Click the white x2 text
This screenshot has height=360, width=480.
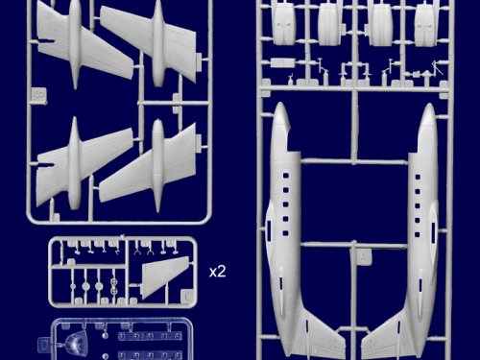pyautogui.click(x=218, y=272)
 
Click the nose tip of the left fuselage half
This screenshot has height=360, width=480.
pyautogui.click(x=280, y=104)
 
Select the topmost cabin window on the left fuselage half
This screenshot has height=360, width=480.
pyautogui.click(x=285, y=176)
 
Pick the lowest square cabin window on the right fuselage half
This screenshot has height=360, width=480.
pyautogui.click(x=418, y=235)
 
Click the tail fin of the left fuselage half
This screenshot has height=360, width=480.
pyautogui.click(x=324, y=333)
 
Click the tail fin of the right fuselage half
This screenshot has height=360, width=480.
pyautogui.click(x=384, y=334)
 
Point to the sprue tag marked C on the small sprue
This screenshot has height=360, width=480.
pyautogui.click(x=187, y=296)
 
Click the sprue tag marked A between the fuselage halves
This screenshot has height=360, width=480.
pyautogui.click(x=364, y=256)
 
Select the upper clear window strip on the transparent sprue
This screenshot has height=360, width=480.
pyautogui.click(x=150, y=336)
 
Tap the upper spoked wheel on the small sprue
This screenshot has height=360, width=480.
pyautogui.click(x=114, y=282)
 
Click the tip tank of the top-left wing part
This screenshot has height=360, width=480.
pyautogui.click(x=75, y=43)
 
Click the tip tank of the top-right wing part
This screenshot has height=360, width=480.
pyautogui.click(x=157, y=43)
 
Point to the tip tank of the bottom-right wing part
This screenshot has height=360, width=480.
pyautogui.click(x=157, y=166)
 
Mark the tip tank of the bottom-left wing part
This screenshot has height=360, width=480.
pyautogui.click(x=75, y=163)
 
